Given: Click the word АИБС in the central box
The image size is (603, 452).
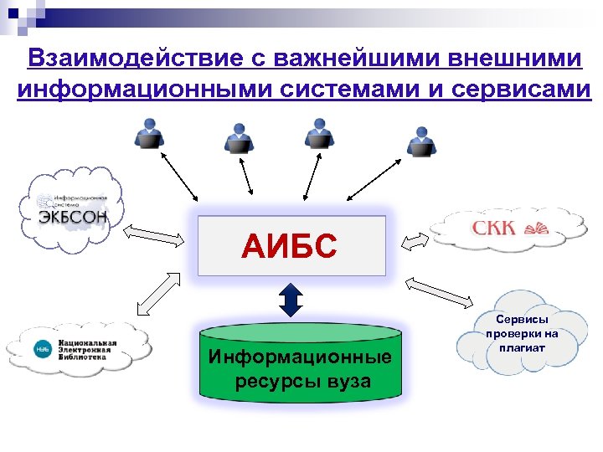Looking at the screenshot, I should pyautogui.click(x=289, y=246).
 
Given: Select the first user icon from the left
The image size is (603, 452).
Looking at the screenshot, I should pyautogui.click(x=150, y=135).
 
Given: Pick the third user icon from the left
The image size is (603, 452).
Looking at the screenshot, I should pyautogui.click(x=318, y=135).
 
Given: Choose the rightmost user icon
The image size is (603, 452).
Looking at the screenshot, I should pyautogui.click(x=420, y=141).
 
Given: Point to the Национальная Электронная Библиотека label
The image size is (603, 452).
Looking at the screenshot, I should pyautogui.click(x=86, y=349).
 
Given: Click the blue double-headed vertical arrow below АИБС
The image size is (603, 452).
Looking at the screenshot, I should pyautogui.click(x=290, y=300).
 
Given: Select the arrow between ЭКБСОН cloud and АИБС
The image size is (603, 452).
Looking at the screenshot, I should pyautogui.click(x=155, y=234).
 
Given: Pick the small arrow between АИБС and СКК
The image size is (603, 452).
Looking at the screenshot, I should pyautogui.click(x=413, y=241).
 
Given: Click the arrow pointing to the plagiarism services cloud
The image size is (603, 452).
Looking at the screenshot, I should pyautogui.click(x=444, y=293).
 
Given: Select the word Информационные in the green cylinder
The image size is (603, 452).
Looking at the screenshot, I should pyautogui.click(x=300, y=357).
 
